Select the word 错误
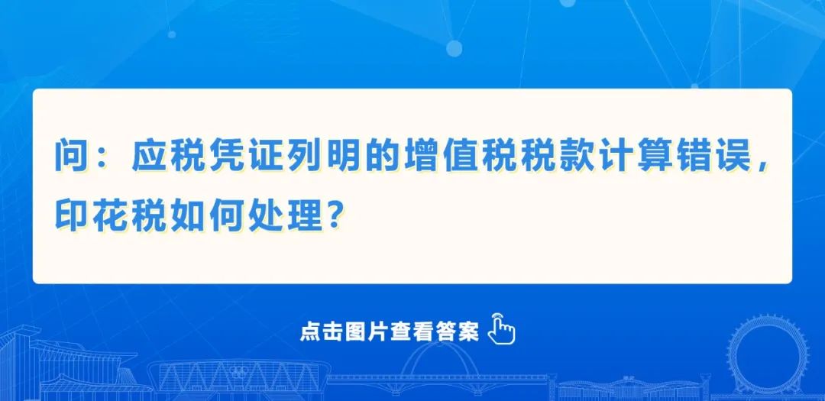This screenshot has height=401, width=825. pyautogui.click(x=713, y=157)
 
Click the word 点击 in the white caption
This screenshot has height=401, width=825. pyautogui.click(x=317, y=332)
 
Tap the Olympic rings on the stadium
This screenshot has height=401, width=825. pyautogui.click(x=239, y=372)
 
